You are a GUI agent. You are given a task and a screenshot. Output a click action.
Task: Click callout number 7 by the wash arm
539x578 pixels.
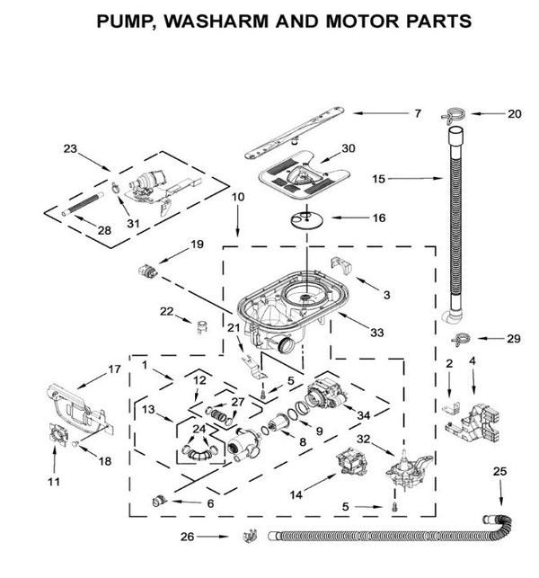417,113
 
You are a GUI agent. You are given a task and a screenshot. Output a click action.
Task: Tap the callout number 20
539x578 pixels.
514,114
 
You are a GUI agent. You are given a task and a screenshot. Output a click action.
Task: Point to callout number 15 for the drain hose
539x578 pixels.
379,180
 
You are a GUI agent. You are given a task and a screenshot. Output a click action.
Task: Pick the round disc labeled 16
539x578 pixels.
307,216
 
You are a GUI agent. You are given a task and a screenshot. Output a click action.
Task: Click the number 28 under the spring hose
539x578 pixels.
104,231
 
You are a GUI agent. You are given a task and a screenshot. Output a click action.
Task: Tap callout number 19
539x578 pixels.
197,245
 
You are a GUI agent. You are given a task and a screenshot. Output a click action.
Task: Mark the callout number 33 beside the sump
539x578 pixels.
377,333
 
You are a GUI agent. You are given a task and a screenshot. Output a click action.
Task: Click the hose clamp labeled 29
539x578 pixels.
461,340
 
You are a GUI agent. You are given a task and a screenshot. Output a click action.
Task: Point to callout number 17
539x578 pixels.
114,369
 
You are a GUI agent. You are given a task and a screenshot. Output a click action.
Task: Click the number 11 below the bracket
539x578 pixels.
54,482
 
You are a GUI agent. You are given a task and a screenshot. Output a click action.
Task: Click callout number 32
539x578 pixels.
364,440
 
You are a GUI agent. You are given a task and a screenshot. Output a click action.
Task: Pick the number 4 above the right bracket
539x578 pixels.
472,361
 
